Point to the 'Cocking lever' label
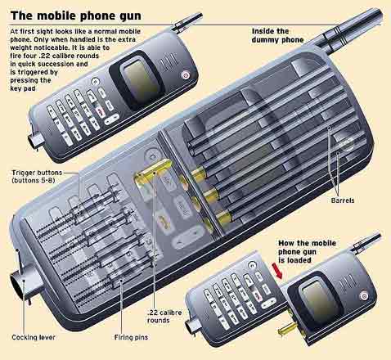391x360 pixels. pyautogui.click(x=32, y=336)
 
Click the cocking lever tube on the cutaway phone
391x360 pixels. pyautogui.click(x=19, y=286)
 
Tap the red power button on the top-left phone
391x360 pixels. pyautogui.click(x=185, y=74)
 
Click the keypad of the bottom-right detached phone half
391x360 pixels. pyautogui.click(x=229, y=295)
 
